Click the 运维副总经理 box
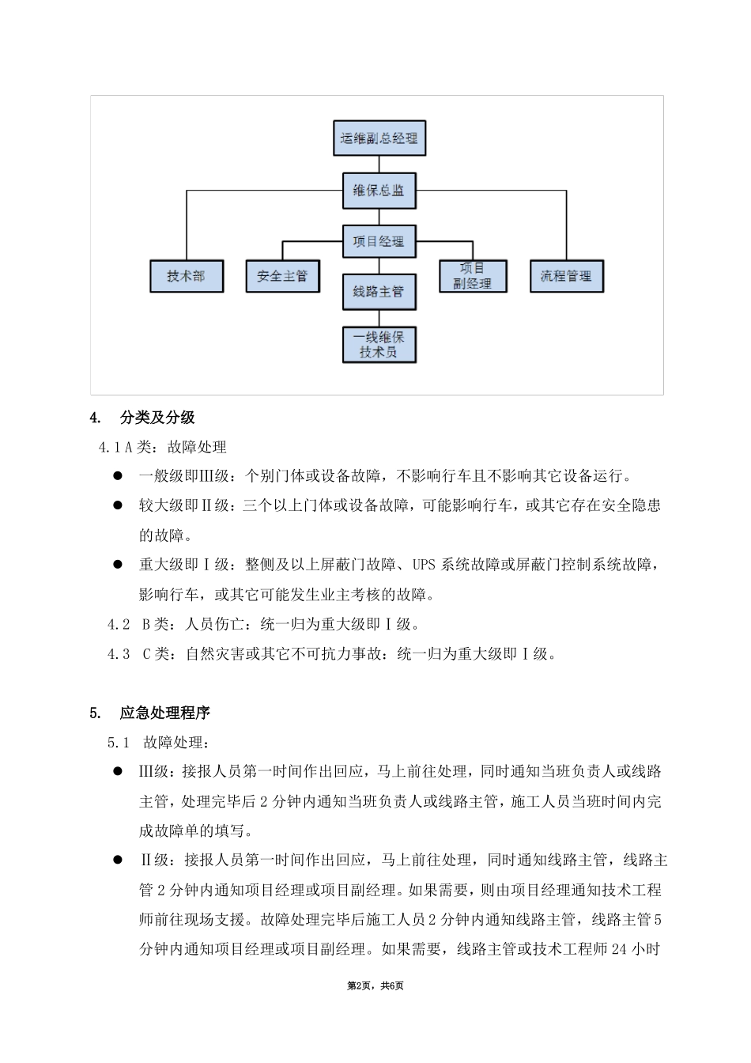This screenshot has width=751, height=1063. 379,138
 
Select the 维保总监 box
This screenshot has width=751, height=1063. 379,191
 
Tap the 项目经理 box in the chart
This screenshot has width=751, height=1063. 379,241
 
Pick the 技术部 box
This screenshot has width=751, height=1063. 187,276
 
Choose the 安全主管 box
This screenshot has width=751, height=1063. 282,276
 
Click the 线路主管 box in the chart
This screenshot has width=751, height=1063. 379,292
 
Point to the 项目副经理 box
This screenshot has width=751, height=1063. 473,276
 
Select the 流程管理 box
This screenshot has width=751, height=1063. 566,276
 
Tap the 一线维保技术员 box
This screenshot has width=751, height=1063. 379,345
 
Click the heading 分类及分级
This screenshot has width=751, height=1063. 157,418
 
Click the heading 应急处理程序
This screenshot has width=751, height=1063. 165,713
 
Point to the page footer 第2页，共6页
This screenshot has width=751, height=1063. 375,985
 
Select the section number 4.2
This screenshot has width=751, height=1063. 119,624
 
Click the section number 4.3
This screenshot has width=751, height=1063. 119,654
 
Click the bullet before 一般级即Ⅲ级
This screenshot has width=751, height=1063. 117,476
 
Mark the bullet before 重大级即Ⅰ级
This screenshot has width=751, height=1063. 117,565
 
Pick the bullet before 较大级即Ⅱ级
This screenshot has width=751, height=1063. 117,505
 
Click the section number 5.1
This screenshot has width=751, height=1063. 119,743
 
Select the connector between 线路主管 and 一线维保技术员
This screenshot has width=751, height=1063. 379,318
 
